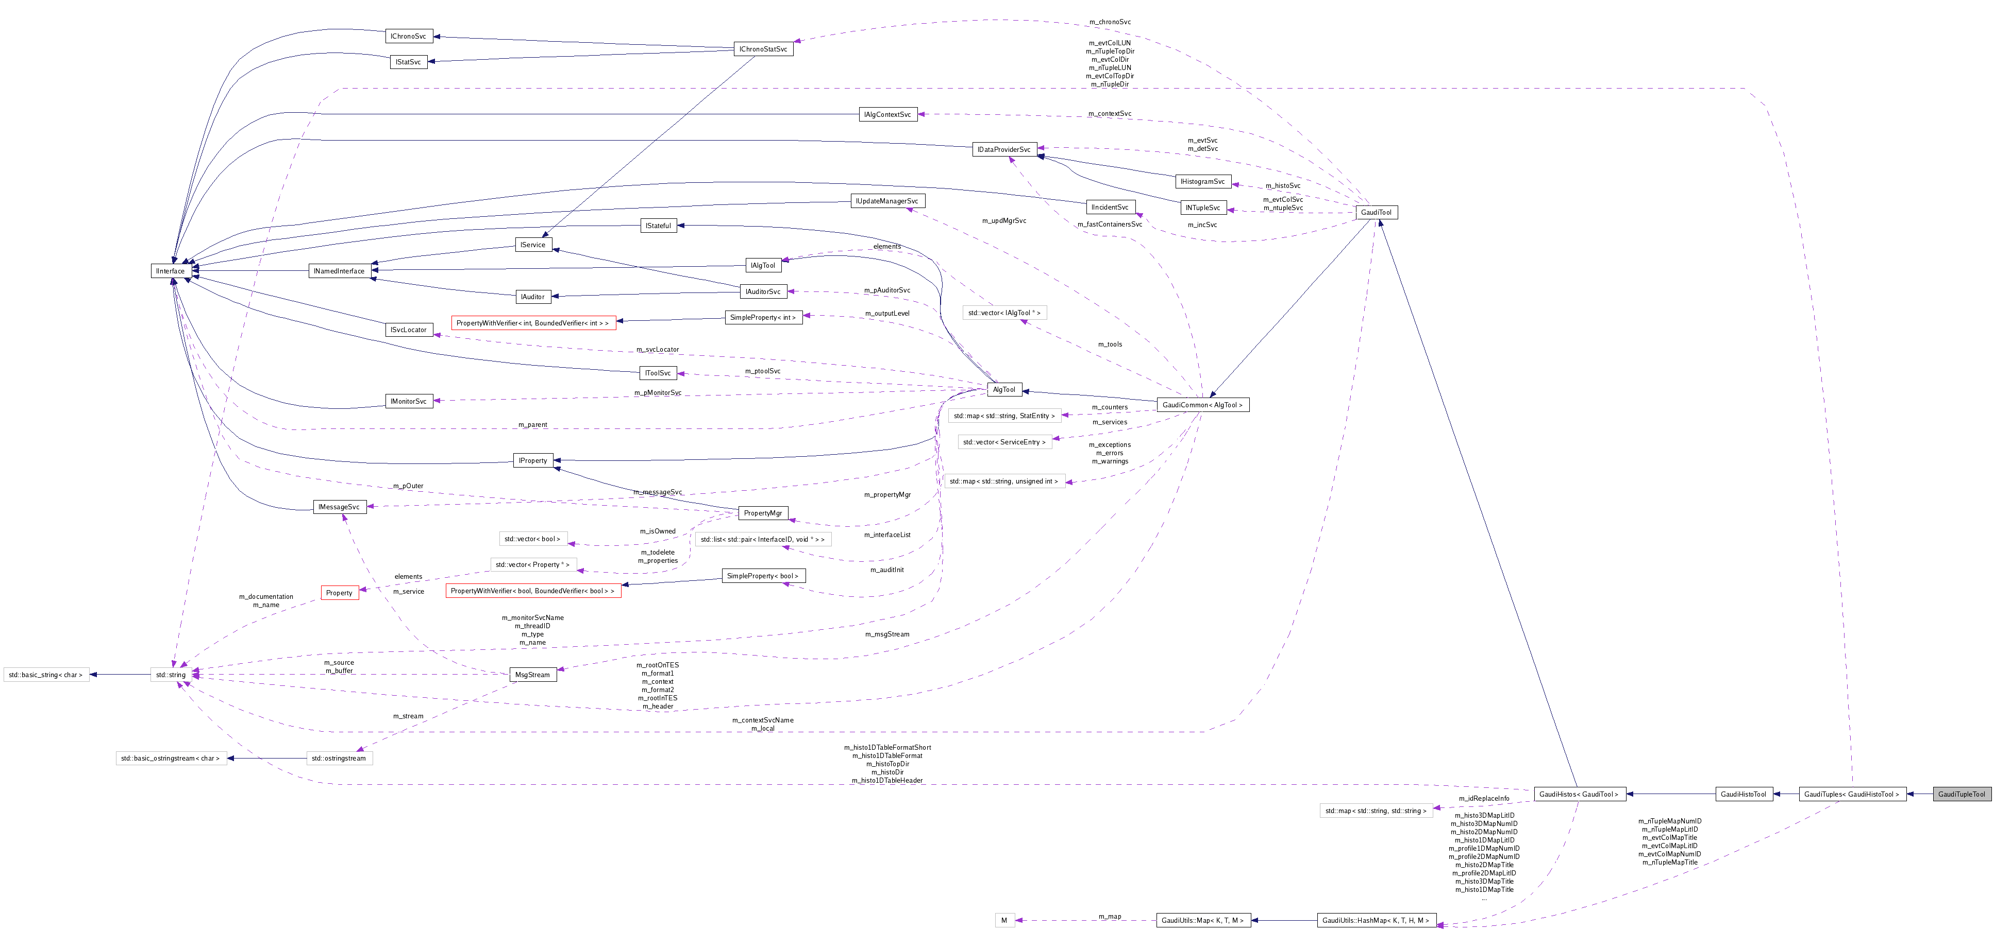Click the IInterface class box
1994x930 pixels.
pos(170,271)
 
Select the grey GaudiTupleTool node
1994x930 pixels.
pos(1962,794)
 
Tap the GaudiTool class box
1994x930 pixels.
pos(1376,212)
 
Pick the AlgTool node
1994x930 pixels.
pos(1004,389)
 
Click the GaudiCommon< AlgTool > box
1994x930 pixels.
pos(1202,405)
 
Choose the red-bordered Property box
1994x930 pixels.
pos(339,593)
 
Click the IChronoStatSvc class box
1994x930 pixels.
pos(763,49)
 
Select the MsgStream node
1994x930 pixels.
pos(532,675)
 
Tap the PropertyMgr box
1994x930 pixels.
pos(762,513)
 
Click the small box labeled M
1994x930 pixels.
pos(1004,920)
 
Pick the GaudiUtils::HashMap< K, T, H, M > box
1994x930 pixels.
pos(1376,920)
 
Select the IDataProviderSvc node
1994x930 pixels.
pos(1003,149)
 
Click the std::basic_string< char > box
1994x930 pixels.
pos(46,675)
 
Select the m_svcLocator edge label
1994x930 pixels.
pos(657,350)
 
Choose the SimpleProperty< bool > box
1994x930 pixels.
pos(762,576)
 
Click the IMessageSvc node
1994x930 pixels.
pos(339,507)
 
